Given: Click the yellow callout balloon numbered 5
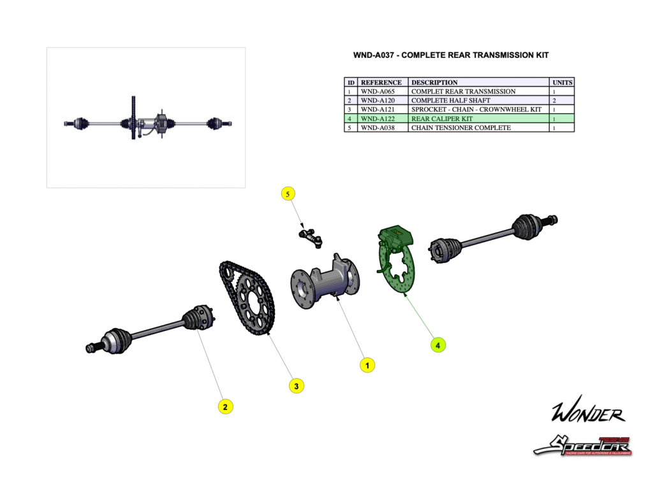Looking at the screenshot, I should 288,194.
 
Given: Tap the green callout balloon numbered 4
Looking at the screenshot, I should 437,344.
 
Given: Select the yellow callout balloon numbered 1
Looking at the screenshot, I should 367,365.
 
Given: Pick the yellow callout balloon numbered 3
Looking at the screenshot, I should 296,385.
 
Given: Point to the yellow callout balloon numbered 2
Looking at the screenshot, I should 224,406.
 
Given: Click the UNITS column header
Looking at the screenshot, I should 562,82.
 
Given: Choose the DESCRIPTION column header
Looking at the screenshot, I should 434,82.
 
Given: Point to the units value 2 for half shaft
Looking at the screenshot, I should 554,101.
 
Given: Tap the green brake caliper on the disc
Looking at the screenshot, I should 395,237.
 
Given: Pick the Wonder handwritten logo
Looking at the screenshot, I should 588,414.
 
